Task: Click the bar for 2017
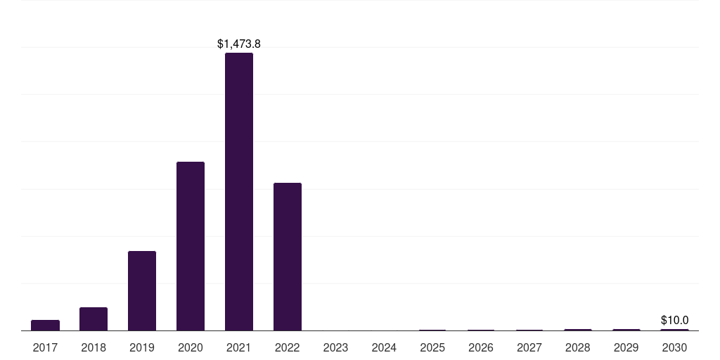(45, 325)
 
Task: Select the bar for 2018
(94, 319)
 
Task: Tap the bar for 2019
(142, 290)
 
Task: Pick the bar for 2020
(191, 246)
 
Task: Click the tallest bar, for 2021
(239, 191)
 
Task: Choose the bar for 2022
(288, 257)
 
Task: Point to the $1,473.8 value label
(239, 44)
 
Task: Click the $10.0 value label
(674, 320)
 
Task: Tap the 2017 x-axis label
(45, 348)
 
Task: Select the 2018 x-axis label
(94, 348)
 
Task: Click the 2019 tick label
(142, 348)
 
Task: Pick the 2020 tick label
(191, 348)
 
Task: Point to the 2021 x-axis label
(239, 348)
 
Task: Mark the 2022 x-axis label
(288, 348)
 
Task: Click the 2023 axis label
(335, 348)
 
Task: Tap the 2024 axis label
(384, 348)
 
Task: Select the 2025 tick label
(432, 348)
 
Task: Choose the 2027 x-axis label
(529, 348)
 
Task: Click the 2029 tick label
(626, 348)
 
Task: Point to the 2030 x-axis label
(674, 348)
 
